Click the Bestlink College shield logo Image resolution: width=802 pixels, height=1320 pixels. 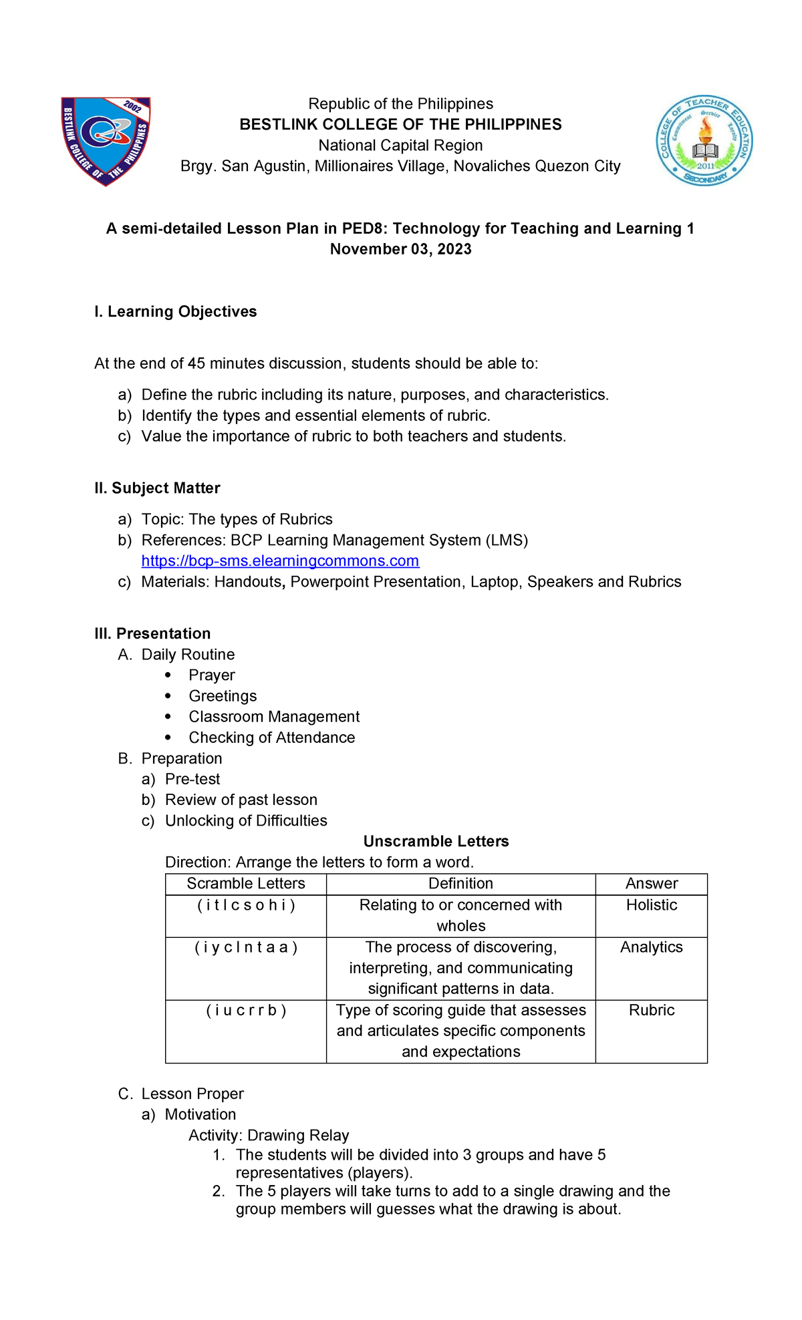(106, 141)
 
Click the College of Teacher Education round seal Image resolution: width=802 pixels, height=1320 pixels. (704, 140)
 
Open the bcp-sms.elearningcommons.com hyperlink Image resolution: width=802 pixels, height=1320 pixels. (280, 561)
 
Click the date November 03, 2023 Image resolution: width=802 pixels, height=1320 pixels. (400, 249)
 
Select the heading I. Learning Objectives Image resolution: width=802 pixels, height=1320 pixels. (175, 312)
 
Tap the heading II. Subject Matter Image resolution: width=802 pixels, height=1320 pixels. (157, 488)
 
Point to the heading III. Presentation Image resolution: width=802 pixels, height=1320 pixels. (152, 634)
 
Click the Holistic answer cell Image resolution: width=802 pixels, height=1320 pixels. (651, 905)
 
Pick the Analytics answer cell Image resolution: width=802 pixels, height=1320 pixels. (651, 947)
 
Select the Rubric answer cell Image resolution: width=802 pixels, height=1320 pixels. (651, 1010)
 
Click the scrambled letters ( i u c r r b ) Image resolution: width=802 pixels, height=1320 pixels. (246, 1010)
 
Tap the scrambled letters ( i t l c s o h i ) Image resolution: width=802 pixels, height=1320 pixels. (246, 905)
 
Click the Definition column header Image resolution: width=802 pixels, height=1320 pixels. (460, 884)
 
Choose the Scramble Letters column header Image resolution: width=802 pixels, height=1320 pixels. (246, 884)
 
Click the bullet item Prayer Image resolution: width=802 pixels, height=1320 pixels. (211, 675)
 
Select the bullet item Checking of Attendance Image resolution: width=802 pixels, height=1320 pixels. (271, 737)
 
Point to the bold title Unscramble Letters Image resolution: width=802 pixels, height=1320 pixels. (436, 842)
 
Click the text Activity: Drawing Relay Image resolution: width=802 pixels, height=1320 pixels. (269, 1136)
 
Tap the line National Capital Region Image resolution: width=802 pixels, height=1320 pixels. (400, 146)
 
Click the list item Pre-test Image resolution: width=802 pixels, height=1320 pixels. (192, 780)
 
